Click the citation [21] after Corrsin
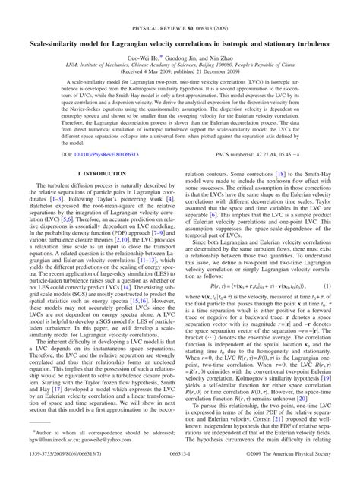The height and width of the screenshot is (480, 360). coord(284,428)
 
